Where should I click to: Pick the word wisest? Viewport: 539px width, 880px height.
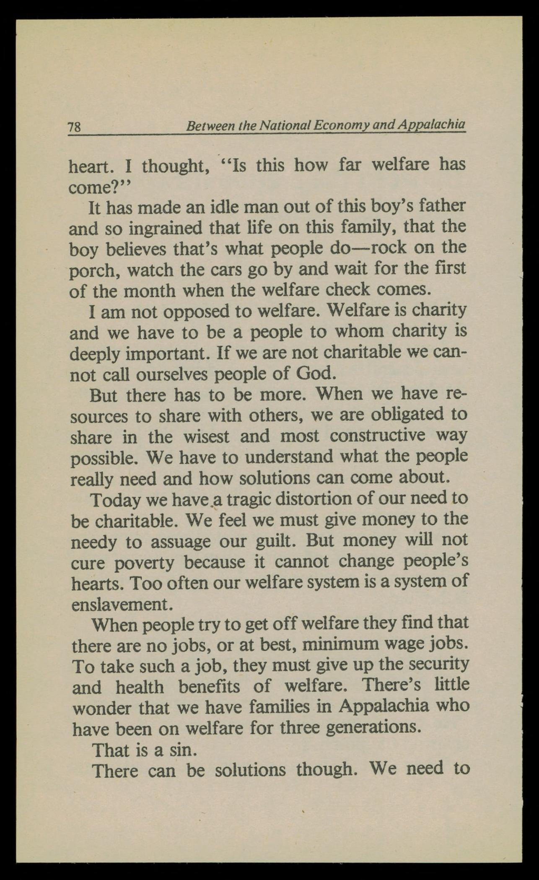tap(206, 436)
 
